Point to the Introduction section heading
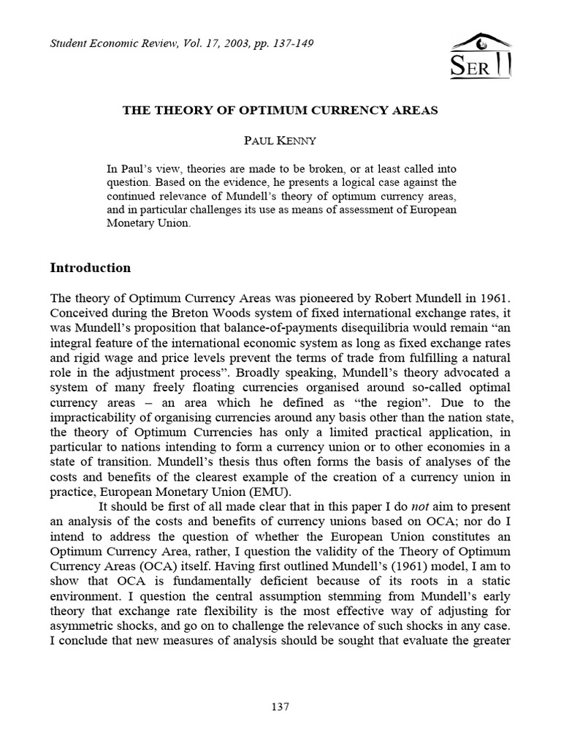90,268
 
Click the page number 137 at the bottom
280,707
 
